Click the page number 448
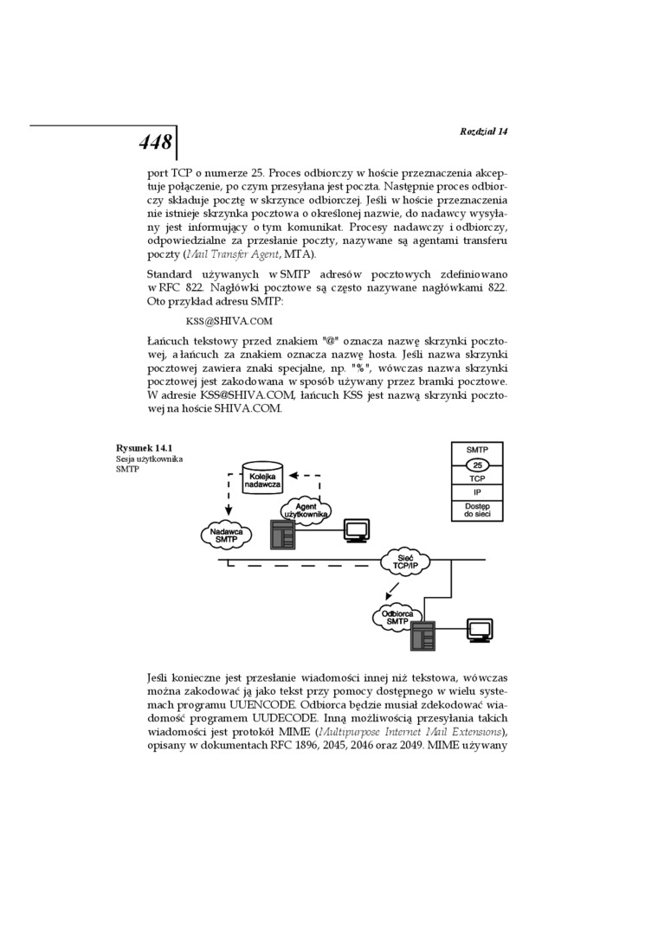tap(155, 143)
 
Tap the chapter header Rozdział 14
tap(483, 131)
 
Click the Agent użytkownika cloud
tap(306, 510)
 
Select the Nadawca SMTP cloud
tap(226, 534)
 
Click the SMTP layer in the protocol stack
tap(476, 451)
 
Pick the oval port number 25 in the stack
tap(476, 465)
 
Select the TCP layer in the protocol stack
tap(476, 478)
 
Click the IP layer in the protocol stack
tap(476, 491)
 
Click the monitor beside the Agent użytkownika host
tap(355, 530)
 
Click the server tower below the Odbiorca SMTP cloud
tap(423, 638)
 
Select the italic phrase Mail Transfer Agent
tap(233, 254)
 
